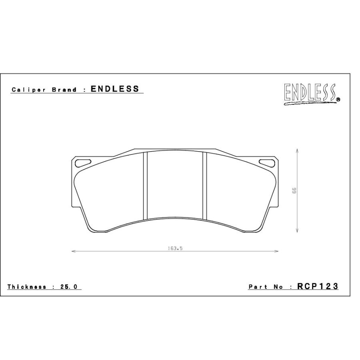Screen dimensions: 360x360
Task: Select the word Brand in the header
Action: tap(64, 90)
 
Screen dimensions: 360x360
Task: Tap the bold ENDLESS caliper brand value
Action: tap(115, 89)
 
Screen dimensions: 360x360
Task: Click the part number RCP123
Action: tap(318, 286)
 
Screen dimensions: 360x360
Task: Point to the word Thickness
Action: tap(27, 287)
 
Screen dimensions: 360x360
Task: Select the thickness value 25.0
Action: tap(69, 287)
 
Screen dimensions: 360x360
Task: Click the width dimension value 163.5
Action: tap(175, 248)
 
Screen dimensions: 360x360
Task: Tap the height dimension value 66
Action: tap(294, 190)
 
